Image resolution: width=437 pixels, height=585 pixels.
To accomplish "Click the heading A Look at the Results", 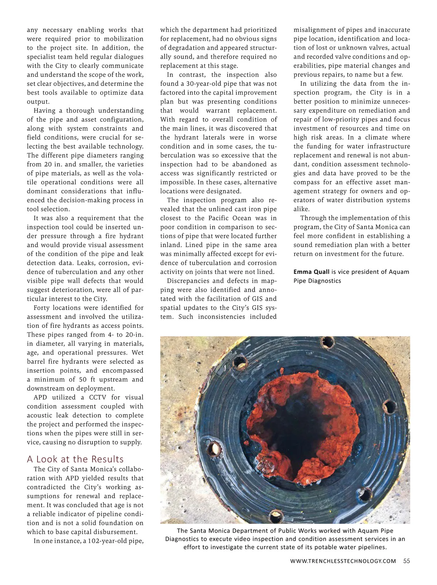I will pyautogui.click(x=75, y=459).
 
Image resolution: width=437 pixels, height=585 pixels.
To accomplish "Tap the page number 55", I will pyautogui.click(x=406, y=561).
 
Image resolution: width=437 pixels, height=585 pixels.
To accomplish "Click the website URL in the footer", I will pyautogui.click(x=343, y=561).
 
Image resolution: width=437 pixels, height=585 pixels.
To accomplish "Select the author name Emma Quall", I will pyautogui.click(x=311, y=272).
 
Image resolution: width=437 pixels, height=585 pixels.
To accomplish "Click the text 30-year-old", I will pyautogui.click(x=202, y=84).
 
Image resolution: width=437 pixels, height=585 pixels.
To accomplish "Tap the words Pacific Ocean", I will pyautogui.click(x=230, y=218).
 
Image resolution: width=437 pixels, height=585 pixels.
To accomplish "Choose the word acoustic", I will pyautogui.click(x=40, y=415).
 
